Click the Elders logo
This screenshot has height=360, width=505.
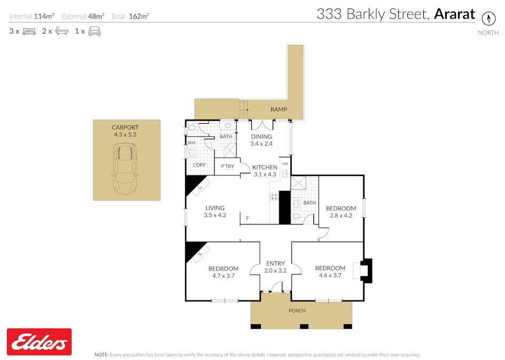point(38,342)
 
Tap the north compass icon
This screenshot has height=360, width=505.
point(488,18)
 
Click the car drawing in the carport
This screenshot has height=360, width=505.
point(126,170)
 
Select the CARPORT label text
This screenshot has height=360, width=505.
point(125,127)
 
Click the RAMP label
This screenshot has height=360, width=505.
point(279,109)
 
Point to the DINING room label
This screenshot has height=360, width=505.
point(262,137)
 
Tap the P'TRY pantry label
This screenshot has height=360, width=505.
point(227,167)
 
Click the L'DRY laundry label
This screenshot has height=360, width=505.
point(199,165)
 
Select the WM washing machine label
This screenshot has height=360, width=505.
point(191,142)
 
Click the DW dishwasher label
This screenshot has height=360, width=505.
point(285,163)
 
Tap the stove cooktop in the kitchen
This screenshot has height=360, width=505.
point(274,196)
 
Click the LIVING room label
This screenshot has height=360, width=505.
point(215,208)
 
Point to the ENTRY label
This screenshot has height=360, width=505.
point(275,263)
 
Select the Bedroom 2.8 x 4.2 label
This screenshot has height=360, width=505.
point(341,208)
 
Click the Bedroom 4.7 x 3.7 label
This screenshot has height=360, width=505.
point(223,269)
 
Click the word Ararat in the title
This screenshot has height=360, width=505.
point(454,14)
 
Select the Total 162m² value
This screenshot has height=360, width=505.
point(139,17)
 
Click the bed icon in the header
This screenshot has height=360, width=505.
point(29,31)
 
